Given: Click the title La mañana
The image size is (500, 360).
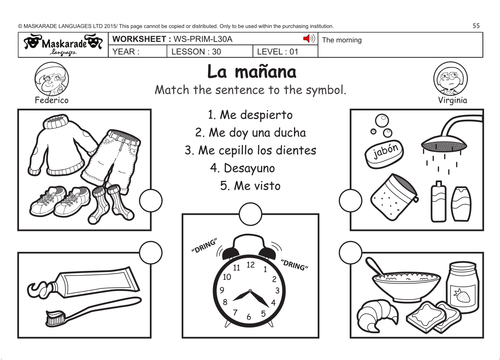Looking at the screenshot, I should (x=249, y=71).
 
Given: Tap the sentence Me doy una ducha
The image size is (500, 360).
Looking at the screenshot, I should (x=249, y=132).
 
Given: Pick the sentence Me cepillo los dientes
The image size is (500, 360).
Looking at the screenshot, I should (x=250, y=150).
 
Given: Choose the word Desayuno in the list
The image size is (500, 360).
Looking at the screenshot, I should (x=249, y=168).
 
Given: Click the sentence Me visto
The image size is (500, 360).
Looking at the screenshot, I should (x=250, y=186).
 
